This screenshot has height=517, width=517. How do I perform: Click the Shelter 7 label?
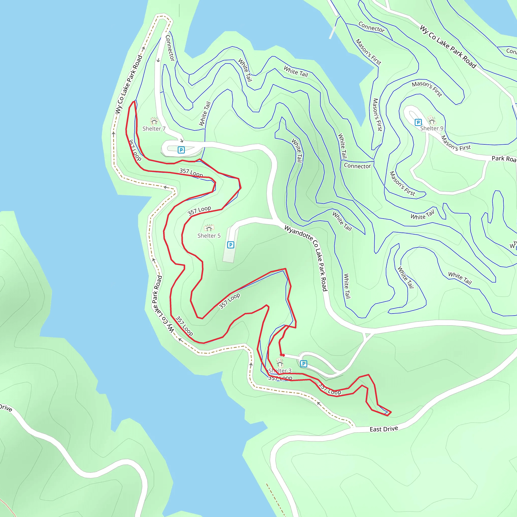tap(154, 129)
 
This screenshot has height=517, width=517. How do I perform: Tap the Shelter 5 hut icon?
tap(209, 228)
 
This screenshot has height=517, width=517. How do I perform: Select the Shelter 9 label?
tap(432, 128)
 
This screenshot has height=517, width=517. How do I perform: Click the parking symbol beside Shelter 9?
tap(418, 122)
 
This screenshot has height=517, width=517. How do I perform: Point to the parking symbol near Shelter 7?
tap(181, 150)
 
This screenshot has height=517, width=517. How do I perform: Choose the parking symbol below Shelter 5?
tap(230, 245)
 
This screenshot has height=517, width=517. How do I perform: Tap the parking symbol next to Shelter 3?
tap(303, 364)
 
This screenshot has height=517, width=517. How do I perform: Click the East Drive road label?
tap(384, 429)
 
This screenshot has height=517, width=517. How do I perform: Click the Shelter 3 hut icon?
tap(280, 363)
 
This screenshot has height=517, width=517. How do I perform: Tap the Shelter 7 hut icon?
tap(154, 121)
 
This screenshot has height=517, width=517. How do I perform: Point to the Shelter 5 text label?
tap(209, 236)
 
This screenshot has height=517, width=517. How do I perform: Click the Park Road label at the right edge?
tap(504, 159)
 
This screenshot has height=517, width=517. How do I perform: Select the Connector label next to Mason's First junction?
tap(357, 166)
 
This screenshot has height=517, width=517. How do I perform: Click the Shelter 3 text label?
tap(280, 371)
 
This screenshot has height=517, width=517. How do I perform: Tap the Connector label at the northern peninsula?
tap(170, 48)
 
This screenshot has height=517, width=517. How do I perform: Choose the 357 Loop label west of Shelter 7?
tap(135, 150)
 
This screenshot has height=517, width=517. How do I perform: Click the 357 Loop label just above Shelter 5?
tap(199, 211)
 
